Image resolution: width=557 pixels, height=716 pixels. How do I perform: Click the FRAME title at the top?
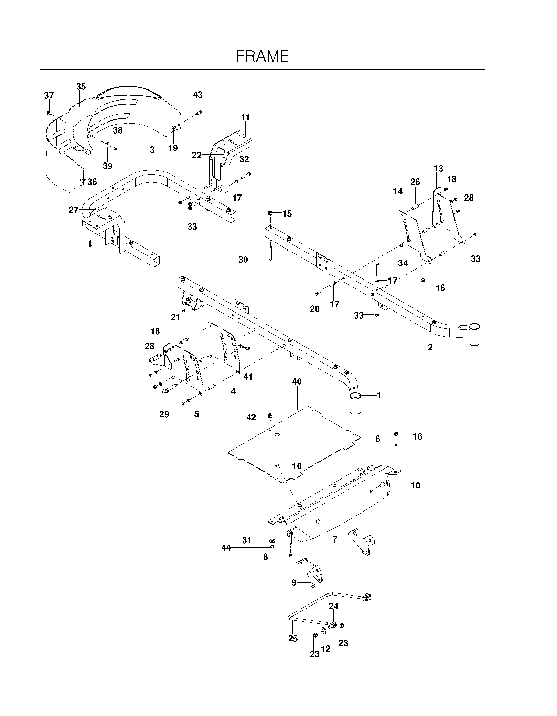(262, 56)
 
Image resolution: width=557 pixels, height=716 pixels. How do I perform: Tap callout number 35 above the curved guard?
(81, 87)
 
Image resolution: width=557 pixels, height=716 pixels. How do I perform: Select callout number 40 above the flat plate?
(297, 381)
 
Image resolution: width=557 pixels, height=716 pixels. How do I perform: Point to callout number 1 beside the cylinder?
(379, 395)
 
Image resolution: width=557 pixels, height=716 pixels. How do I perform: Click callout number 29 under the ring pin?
(164, 414)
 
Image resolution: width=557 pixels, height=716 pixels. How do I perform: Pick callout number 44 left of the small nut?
(226, 548)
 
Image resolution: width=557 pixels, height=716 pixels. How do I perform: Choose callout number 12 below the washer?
(325, 649)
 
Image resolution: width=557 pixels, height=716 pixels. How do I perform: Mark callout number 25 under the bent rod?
(293, 638)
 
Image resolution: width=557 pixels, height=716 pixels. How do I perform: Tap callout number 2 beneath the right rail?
(430, 347)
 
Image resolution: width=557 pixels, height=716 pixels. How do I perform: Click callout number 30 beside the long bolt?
(243, 260)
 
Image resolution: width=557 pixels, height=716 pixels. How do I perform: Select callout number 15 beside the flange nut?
(287, 214)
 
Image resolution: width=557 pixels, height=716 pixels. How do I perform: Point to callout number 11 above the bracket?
(245, 117)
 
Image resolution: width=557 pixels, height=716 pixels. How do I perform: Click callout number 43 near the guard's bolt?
(198, 95)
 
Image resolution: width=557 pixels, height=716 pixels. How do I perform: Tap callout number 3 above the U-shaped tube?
(152, 150)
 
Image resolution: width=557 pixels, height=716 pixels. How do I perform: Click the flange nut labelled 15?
(270, 214)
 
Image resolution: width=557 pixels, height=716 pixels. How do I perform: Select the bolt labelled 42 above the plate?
(270, 418)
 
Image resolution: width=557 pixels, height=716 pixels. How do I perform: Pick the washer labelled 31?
(272, 540)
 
